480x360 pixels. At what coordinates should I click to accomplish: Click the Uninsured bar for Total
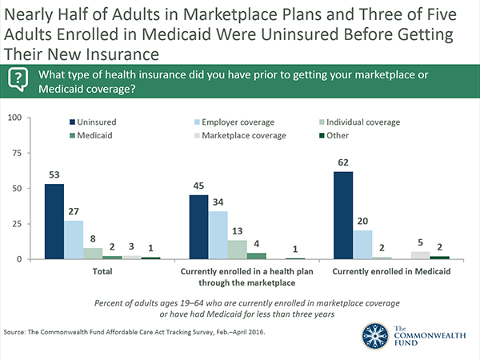(x=54, y=222)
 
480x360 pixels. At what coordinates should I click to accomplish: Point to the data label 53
(x=54, y=176)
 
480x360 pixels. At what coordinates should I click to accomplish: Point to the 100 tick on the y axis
(x=14, y=118)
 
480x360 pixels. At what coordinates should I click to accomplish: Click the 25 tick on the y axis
(x=16, y=224)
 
